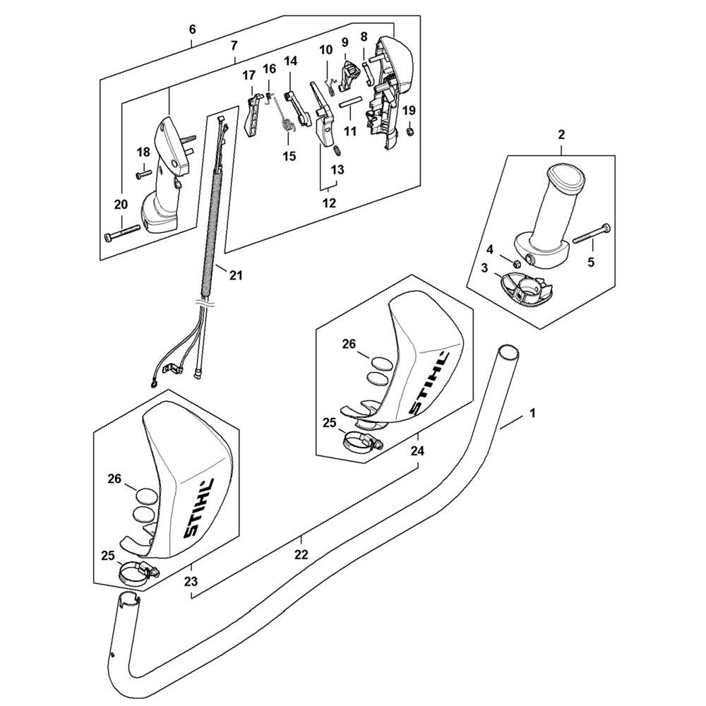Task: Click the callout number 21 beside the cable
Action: click(236, 275)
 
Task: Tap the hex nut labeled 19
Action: click(409, 131)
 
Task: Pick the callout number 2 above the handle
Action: click(561, 135)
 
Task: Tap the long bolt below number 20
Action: click(122, 234)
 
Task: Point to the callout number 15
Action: click(289, 156)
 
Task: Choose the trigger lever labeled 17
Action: click(253, 116)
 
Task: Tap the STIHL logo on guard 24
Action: click(431, 383)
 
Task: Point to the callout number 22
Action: click(301, 554)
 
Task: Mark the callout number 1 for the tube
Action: click(532, 412)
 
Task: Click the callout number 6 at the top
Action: click(193, 30)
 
